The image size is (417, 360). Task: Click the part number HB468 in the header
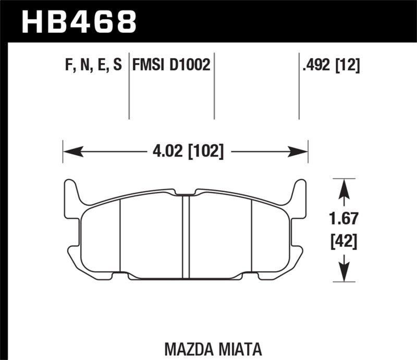[x=78, y=22]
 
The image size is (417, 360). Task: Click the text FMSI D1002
[x=171, y=65]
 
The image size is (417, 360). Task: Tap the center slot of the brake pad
[x=186, y=234]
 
